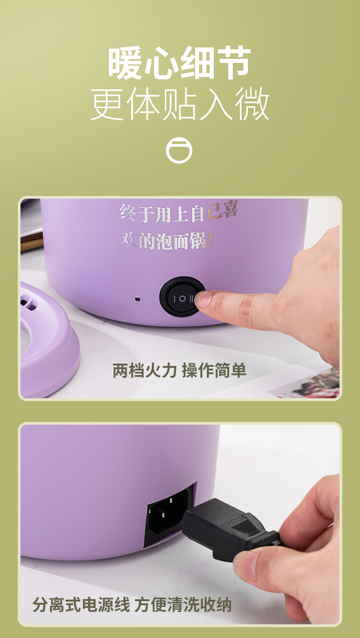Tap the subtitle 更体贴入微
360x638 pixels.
[x=180, y=104]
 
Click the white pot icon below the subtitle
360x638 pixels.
[x=179, y=150]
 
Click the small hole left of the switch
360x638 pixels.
[x=138, y=299]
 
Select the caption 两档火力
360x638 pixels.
[x=145, y=370]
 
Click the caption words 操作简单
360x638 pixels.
[x=214, y=370]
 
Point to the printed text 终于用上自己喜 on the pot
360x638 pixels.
[x=179, y=212]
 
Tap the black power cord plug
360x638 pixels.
[x=231, y=530]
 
